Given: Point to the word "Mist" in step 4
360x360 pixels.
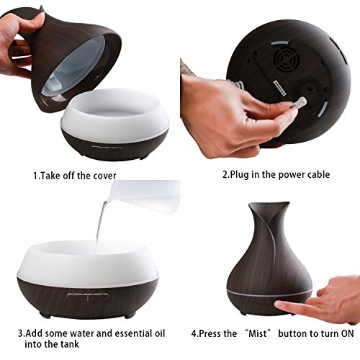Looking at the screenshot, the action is (258, 333).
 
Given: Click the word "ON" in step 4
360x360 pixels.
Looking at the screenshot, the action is (347, 333).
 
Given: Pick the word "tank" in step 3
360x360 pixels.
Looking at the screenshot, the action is (69, 344).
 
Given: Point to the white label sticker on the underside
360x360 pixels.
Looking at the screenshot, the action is (279, 89).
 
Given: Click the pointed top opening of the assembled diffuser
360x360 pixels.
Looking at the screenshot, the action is (269, 206).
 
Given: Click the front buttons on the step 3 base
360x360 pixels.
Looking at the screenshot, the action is (87, 297).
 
